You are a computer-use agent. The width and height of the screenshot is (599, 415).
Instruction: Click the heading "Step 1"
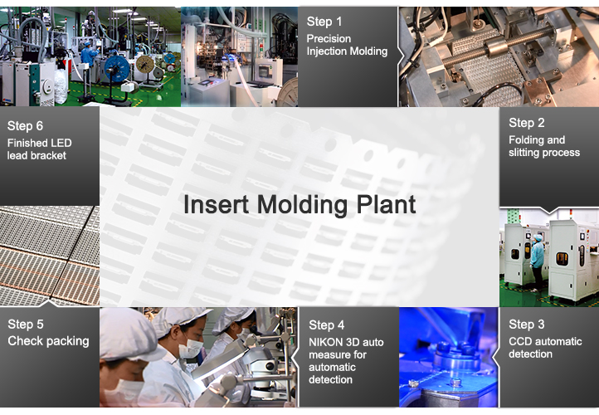click(324, 22)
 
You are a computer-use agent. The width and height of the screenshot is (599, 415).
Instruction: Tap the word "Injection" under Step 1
click(328, 51)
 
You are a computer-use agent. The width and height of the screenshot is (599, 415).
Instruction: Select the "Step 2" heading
click(527, 123)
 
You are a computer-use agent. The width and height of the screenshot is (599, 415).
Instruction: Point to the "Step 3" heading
click(527, 325)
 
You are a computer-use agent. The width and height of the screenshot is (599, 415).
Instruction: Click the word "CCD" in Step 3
click(519, 341)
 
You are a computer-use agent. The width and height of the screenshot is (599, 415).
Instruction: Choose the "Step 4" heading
click(327, 325)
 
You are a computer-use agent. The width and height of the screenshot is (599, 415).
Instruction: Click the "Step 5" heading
click(26, 325)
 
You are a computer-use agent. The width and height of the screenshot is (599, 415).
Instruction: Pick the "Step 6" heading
click(25, 125)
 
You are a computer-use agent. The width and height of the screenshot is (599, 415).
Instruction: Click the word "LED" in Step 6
click(61, 143)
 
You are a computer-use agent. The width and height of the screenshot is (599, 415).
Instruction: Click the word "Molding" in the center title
click(303, 205)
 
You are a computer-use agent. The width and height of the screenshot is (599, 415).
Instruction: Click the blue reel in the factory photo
click(116, 69)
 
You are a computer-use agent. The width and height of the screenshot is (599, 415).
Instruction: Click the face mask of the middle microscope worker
click(191, 349)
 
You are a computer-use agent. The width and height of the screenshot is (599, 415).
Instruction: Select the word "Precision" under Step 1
click(329, 39)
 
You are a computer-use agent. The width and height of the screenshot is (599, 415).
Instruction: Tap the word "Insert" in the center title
click(217, 204)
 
